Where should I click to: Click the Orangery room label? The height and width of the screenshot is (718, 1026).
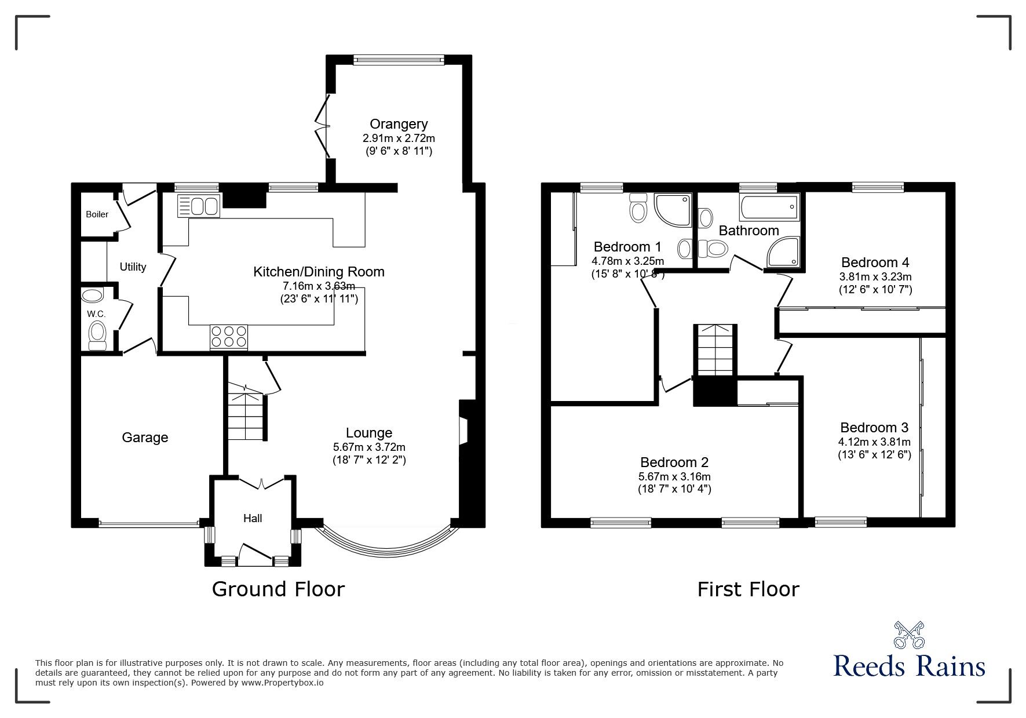click(x=399, y=124)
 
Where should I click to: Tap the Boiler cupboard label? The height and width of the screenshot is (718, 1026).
click(x=97, y=214)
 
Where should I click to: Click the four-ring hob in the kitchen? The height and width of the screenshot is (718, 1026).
click(x=228, y=337)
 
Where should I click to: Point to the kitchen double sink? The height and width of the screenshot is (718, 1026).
click(x=199, y=206)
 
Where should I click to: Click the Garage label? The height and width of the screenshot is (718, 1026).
click(x=145, y=438)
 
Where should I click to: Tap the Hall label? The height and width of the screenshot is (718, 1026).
click(x=253, y=518)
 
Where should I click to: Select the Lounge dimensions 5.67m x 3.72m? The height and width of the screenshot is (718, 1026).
click(x=369, y=447)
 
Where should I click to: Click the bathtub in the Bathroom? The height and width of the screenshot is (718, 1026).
click(x=768, y=207)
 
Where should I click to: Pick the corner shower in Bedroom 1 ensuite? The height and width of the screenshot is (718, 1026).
click(x=673, y=210)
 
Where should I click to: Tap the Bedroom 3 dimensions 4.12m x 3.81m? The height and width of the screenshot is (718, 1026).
click(x=874, y=442)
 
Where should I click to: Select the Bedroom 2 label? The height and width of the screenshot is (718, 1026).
click(x=674, y=462)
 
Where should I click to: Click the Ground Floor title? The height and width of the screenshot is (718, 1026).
click(x=278, y=589)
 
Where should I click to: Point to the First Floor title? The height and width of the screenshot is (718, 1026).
click(x=748, y=589)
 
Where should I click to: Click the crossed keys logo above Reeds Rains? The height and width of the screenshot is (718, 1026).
click(x=910, y=635)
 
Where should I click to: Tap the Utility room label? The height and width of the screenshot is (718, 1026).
click(x=133, y=267)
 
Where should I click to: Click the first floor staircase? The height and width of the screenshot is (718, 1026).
click(x=715, y=351)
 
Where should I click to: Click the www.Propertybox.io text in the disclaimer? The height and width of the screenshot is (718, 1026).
click(x=282, y=683)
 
